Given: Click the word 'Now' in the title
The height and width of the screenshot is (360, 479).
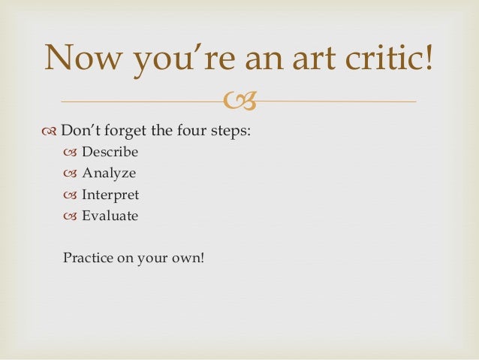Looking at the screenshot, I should [80, 58].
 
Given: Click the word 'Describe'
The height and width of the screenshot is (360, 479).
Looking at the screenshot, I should [110, 152].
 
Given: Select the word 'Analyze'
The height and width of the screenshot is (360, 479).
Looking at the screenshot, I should [109, 174].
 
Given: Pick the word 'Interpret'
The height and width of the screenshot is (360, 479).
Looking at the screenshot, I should [110, 195].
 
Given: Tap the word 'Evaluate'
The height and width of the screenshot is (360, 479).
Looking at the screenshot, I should [110, 216].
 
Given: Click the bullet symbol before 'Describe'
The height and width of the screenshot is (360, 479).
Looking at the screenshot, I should [71, 153].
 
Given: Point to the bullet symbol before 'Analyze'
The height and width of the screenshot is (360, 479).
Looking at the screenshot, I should [71, 174].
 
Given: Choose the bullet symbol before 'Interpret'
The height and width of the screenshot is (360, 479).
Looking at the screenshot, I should [71, 195].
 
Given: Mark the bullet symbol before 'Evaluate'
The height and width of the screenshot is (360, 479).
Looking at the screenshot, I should [71, 216].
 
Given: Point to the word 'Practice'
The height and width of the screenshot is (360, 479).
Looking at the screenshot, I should [88, 258].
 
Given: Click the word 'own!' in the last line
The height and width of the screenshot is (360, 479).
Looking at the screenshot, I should [188, 259].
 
